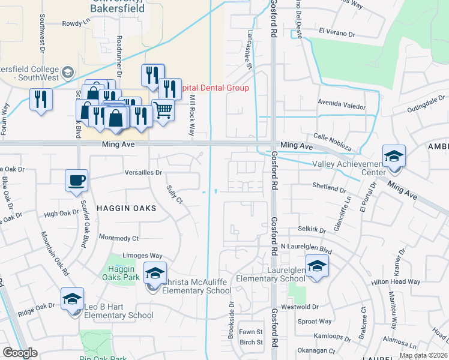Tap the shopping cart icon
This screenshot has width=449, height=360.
163,110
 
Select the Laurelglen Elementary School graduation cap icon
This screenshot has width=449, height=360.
316,266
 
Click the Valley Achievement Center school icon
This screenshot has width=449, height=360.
394,156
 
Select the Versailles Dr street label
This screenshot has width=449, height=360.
143,172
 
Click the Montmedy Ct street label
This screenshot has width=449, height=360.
118,238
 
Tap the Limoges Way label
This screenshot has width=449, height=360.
143,256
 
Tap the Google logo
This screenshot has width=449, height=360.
19,353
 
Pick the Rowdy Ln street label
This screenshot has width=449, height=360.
75,24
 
